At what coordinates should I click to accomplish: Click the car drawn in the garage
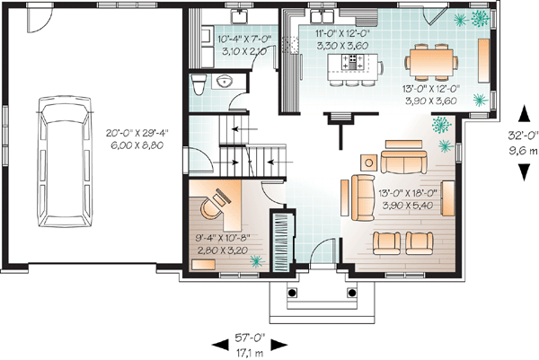pos(65,162)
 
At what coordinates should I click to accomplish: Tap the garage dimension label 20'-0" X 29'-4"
pos(134,132)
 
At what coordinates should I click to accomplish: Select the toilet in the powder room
pos(199,83)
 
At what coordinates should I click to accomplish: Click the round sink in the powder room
pos(225,81)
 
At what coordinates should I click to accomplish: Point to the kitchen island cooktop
pos(351,62)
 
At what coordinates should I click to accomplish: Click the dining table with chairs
pos(431,61)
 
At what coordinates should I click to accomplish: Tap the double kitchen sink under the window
pos(323,16)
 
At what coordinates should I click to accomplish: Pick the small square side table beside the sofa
pos(369,162)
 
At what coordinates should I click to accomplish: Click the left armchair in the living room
pos(386,243)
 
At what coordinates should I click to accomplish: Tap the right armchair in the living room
pos(420,243)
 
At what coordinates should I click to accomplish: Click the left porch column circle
pos(292,293)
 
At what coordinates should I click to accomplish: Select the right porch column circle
pos(351,293)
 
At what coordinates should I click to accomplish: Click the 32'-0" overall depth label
pos(523,136)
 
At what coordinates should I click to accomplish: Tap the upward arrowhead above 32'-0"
pos(524,114)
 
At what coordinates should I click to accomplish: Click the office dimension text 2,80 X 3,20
pos(223,250)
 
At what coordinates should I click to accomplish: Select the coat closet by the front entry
pos(283,241)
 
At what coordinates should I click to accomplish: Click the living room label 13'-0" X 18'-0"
pos(408,193)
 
